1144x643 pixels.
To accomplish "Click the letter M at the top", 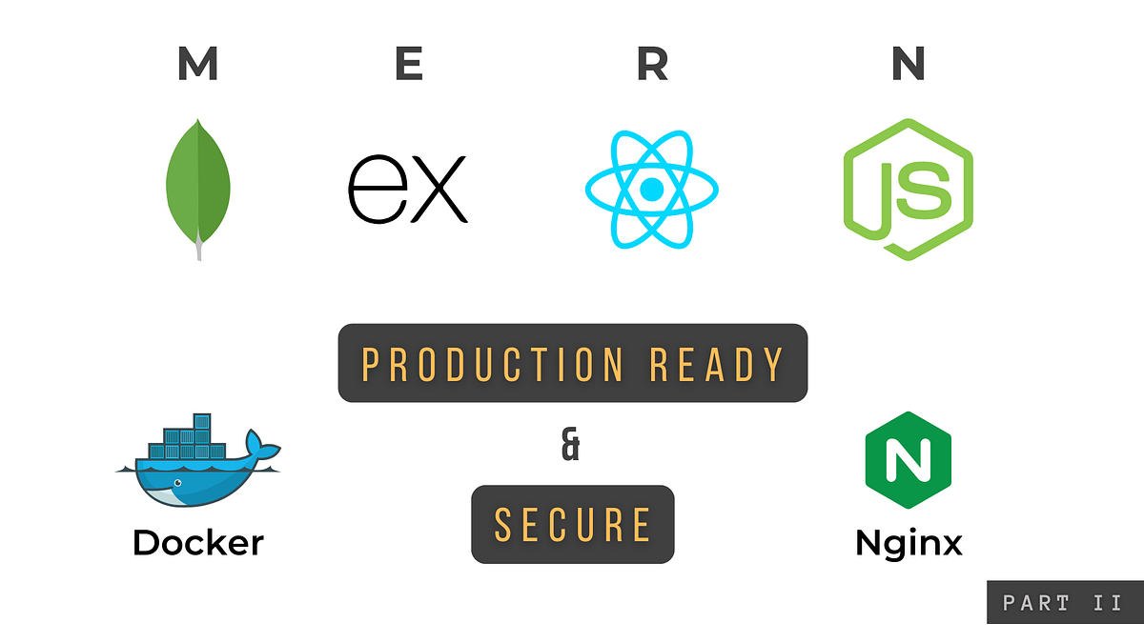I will pyautogui.click(x=197, y=64).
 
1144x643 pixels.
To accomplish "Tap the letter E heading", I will pyautogui.click(x=408, y=64).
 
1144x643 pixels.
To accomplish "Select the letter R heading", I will pyautogui.click(x=652, y=64).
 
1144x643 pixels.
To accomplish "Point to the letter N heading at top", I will pyautogui.click(x=908, y=64).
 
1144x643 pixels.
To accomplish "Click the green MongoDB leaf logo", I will pyautogui.click(x=198, y=181).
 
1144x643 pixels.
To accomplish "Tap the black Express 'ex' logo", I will pyautogui.click(x=408, y=188).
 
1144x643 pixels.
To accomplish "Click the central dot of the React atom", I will pyautogui.click(x=652, y=189).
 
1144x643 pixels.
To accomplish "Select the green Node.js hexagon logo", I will pyautogui.click(x=908, y=189).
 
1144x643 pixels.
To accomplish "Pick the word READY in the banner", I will pyautogui.click(x=717, y=363).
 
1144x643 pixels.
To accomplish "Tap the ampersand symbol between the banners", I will pyautogui.click(x=570, y=447).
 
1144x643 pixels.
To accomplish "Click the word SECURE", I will pyautogui.click(x=573, y=525).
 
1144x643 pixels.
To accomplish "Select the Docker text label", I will pyautogui.click(x=198, y=543).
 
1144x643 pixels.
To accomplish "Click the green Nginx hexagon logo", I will pyautogui.click(x=908, y=460).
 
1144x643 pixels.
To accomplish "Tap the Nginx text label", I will pyautogui.click(x=908, y=544).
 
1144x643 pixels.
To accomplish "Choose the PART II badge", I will pyautogui.click(x=1063, y=602).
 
